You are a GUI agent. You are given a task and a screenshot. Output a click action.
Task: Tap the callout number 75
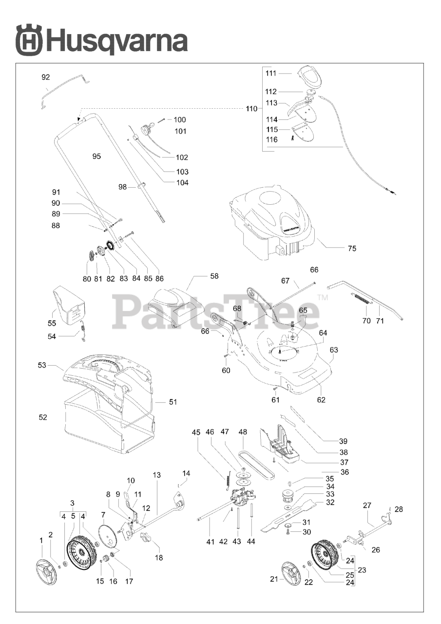[x=352, y=249]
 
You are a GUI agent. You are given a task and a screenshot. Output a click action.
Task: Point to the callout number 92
[x=46, y=77]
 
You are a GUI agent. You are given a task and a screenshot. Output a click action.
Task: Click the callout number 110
[x=251, y=109]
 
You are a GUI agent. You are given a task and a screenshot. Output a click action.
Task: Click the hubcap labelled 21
[x=291, y=575]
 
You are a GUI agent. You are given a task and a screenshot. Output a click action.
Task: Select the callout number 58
[x=214, y=276]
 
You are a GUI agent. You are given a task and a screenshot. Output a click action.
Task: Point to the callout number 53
[x=42, y=365]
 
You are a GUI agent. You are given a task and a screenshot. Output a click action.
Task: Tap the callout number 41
[x=210, y=542]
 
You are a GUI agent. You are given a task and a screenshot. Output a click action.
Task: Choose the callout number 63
[x=334, y=350]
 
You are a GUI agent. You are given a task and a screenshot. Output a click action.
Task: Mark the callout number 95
[x=96, y=156]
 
